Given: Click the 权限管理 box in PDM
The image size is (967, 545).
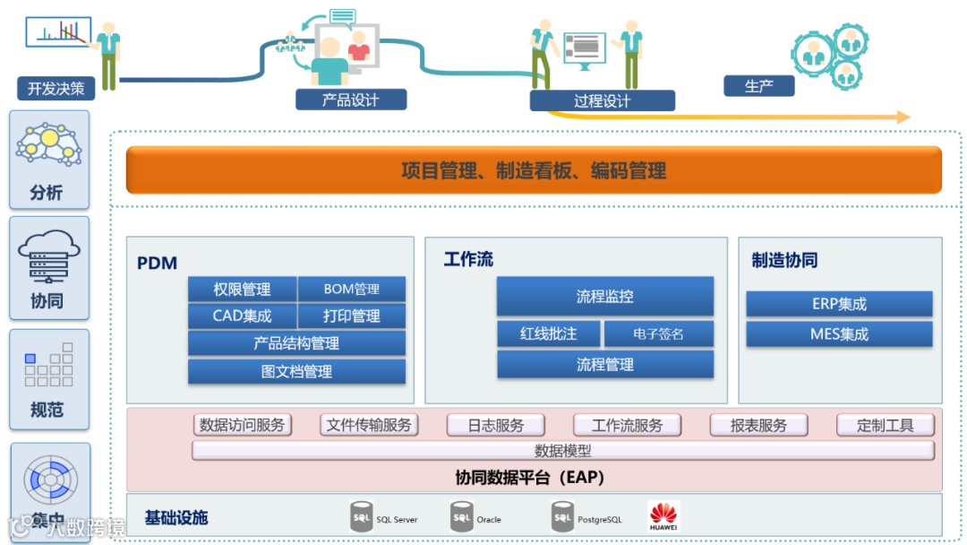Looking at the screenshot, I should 242,290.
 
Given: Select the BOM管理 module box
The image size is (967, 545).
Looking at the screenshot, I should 351,290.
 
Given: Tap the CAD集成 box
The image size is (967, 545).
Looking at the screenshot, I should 242,316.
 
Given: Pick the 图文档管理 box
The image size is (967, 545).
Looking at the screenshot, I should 296,371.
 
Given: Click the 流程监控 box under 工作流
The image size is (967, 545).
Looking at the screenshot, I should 605,296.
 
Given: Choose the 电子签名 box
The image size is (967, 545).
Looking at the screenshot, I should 659,333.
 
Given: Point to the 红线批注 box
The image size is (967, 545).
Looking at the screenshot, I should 549,333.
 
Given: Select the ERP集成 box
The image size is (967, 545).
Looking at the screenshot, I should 839,304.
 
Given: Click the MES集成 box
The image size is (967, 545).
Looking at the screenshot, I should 839,334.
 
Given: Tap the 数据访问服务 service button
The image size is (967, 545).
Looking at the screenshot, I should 243,425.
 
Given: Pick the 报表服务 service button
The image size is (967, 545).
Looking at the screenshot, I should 758,425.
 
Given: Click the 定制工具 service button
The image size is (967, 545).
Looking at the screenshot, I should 886,425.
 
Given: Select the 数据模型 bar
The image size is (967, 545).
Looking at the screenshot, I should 563,451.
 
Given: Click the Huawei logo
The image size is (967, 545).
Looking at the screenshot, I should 663,516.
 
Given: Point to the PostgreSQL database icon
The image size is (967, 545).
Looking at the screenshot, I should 562,516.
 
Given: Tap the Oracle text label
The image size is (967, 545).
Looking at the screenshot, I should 489,520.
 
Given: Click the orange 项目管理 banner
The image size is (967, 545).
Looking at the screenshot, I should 534,170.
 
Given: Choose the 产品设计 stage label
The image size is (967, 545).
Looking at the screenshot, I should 351,99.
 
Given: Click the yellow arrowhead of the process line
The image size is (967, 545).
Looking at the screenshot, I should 903,117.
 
